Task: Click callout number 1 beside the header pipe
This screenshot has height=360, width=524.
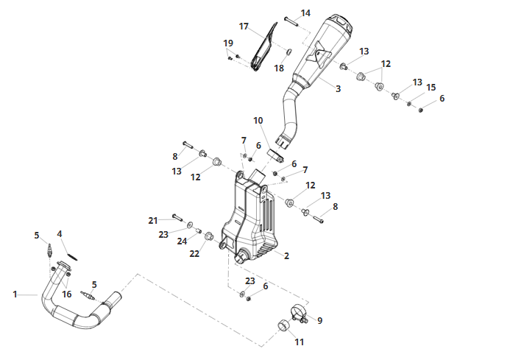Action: (15, 294)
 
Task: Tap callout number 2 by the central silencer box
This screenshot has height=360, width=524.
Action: (286, 255)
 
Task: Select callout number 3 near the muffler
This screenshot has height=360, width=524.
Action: (339, 88)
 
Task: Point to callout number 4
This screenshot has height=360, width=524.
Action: (60, 234)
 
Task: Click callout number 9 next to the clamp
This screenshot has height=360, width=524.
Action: (320, 320)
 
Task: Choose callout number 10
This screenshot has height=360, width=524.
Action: (258, 120)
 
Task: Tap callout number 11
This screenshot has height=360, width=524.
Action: (299, 342)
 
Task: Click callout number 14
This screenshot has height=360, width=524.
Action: (305, 13)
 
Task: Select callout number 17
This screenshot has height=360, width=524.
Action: (244, 26)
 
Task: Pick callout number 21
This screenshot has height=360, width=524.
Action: (153, 221)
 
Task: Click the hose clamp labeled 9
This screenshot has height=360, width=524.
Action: (298, 313)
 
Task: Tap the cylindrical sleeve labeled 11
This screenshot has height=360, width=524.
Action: (284, 325)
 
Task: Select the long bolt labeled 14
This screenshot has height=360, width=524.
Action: (291, 20)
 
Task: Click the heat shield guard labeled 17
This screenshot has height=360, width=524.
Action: (264, 47)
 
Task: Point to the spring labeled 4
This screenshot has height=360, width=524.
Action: (72, 256)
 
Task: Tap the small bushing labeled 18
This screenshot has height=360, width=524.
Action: (289, 52)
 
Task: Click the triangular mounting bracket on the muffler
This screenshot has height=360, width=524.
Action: (322, 54)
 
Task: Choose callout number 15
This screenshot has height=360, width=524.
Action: (431, 88)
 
